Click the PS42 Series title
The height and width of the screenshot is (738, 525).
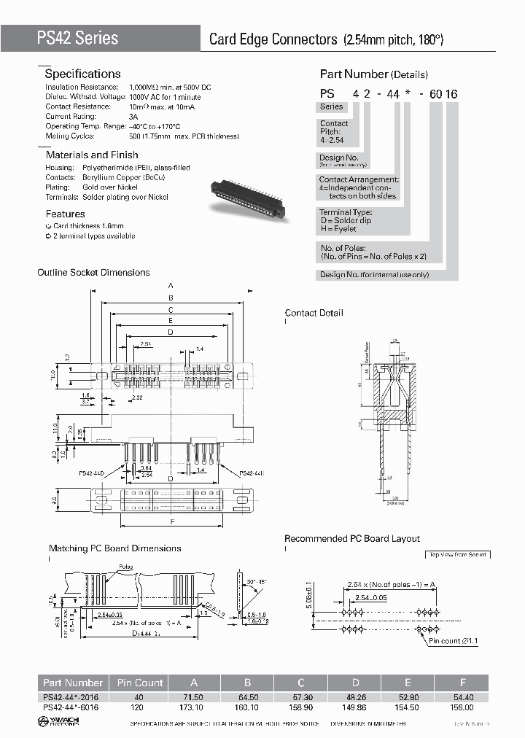point(77,38)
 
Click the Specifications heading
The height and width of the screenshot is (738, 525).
point(82,74)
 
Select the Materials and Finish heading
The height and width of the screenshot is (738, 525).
point(92,155)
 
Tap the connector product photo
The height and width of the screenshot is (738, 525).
point(247,198)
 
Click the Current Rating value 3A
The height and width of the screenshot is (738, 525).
point(133,116)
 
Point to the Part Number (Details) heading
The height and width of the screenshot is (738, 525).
point(373,74)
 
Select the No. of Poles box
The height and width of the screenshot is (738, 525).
point(373,252)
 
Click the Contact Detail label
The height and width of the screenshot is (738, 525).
point(314,313)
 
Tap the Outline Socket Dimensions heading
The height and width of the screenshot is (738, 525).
point(93,272)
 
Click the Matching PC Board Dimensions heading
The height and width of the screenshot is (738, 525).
point(114,548)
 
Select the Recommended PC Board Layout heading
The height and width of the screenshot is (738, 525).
point(351,538)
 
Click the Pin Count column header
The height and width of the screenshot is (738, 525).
point(139,683)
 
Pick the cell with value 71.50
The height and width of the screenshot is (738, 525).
point(194,698)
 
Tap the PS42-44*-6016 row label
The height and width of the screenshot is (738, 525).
point(72,707)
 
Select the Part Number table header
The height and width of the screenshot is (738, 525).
point(72,683)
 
